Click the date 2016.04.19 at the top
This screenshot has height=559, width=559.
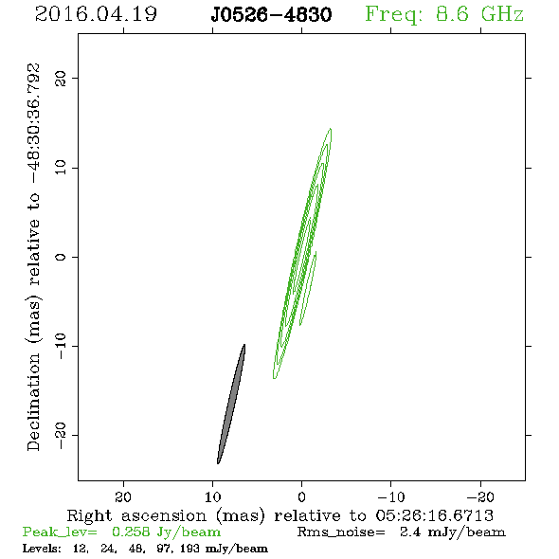coord(96,14)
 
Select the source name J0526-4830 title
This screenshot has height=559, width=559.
coord(271,15)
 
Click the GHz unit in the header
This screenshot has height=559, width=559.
coord(502,14)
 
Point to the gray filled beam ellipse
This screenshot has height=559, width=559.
coord(231,405)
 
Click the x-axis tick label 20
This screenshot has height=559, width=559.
coord(123,496)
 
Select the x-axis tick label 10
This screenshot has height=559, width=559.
coord(213,496)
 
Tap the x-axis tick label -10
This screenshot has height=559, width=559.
coord(391,496)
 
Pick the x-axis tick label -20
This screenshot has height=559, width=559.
coord(480,496)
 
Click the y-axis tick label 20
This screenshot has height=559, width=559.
coord(61,78)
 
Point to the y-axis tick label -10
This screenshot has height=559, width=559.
coord(61,346)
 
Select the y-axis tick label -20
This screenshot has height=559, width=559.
coord(61,435)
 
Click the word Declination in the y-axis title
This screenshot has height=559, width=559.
coord(33,402)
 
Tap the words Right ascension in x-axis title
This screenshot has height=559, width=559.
coord(136,515)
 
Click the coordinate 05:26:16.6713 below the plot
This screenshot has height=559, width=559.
coord(434,515)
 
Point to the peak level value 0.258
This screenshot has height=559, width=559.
coord(131,532)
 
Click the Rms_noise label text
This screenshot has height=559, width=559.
coord(341,532)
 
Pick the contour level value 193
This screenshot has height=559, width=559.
coord(189,548)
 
